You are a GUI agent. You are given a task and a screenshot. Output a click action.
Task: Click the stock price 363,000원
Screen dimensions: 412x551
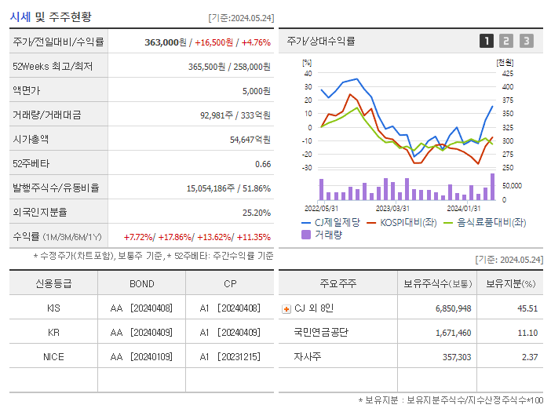click(x=166, y=42)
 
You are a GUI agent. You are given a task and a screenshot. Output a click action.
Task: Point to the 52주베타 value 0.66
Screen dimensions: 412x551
click(x=263, y=164)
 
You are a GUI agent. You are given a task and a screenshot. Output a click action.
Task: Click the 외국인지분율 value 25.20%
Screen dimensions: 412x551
click(x=257, y=213)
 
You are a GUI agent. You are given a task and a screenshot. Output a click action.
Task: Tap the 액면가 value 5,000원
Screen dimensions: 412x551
click(x=257, y=91)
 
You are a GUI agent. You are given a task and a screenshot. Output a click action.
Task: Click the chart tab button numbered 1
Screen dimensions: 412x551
click(x=487, y=41)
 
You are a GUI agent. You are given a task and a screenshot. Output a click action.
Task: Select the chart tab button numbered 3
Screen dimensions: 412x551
click(x=526, y=41)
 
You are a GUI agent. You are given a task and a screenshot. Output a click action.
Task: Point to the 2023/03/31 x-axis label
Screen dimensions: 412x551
click(x=392, y=209)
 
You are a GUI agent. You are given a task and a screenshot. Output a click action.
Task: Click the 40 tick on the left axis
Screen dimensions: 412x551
click(x=308, y=73)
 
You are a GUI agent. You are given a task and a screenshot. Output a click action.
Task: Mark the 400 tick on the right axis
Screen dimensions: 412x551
click(x=486, y=87)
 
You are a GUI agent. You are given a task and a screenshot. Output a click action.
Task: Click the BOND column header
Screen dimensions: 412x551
click(x=142, y=284)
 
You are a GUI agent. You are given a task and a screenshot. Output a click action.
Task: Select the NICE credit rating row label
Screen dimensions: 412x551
click(x=53, y=357)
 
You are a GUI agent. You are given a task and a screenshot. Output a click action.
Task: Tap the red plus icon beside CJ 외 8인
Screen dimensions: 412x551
click(x=286, y=309)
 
